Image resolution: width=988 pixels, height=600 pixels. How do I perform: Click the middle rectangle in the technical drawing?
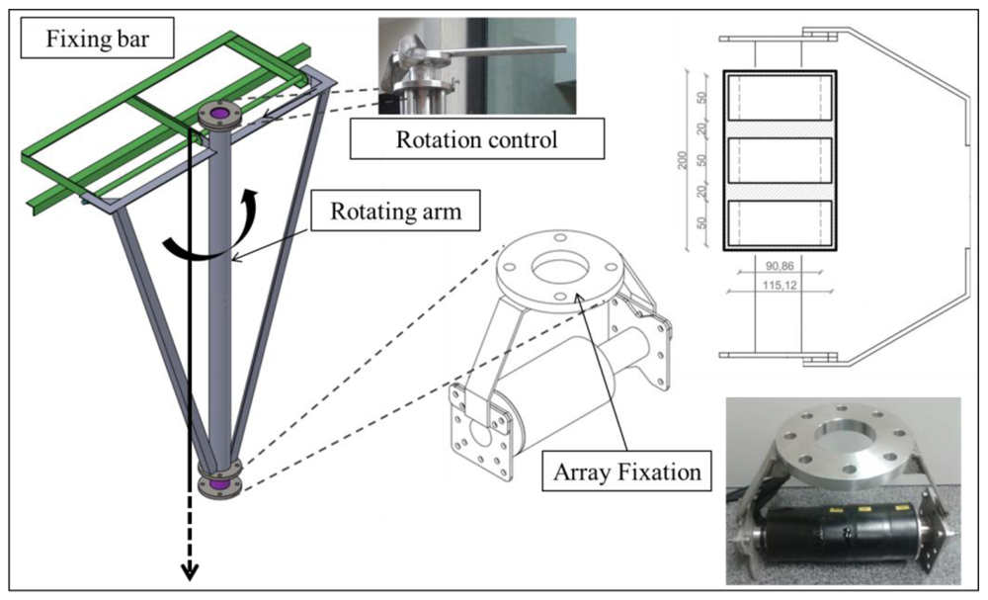tap(780, 160)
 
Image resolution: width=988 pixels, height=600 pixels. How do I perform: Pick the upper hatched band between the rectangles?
tap(780, 129)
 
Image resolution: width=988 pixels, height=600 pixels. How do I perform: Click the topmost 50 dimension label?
tap(700, 99)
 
